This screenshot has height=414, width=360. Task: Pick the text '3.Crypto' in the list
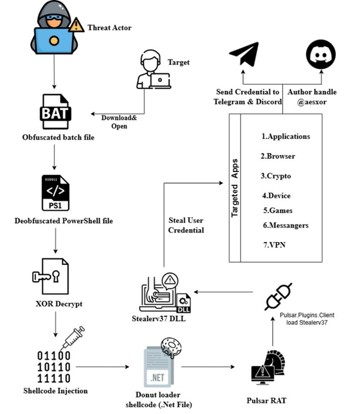pyautogui.click(x=275, y=176)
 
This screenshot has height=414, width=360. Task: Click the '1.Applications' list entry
pyautogui.click(x=286, y=137)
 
